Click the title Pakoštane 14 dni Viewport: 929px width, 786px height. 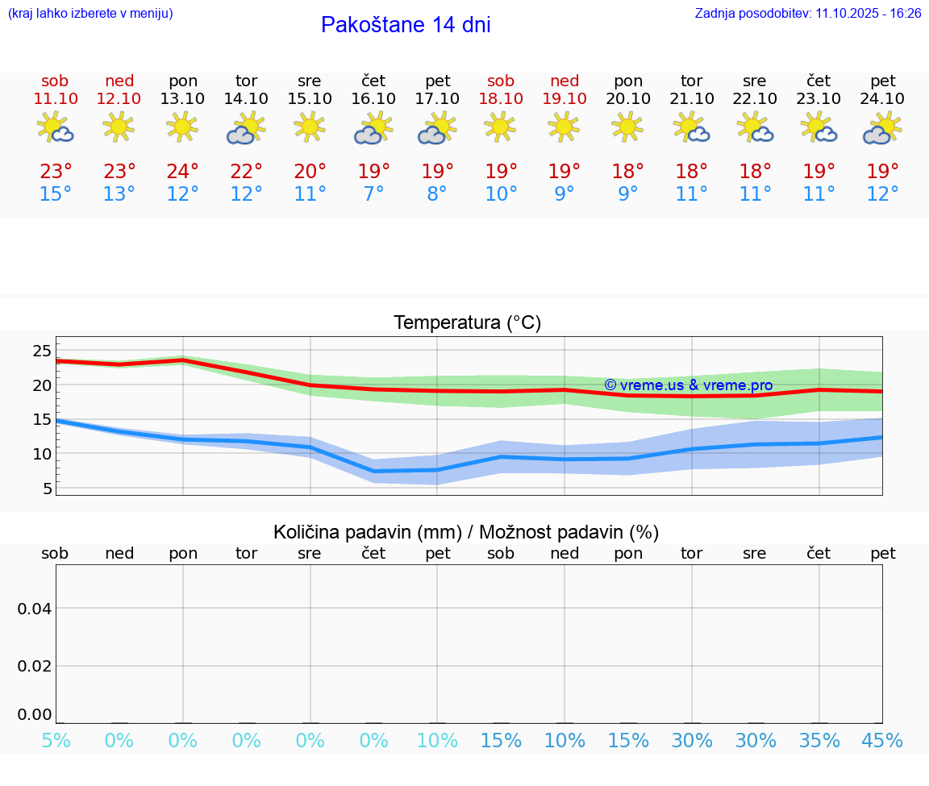click(x=406, y=25)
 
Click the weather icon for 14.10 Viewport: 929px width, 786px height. click(x=246, y=127)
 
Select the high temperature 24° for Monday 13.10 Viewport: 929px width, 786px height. click(x=183, y=172)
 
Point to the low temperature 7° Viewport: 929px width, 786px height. click(x=373, y=194)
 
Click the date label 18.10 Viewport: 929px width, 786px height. click(x=501, y=98)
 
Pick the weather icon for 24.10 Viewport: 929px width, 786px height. click(x=882, y=127)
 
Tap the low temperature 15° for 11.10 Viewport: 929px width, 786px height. click(x=56, y=194)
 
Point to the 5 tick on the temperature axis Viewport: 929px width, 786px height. click(x=47, y=489)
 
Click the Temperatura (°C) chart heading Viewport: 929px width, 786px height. click(x=467, y=323)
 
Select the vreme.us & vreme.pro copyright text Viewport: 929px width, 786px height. click(x=688, y=385)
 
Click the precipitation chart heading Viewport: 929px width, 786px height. click(x=466, y=532)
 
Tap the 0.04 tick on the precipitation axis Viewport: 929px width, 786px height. click(x=35, y=609)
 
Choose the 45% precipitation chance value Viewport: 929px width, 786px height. click(x=882, y=741)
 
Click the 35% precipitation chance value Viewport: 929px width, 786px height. click(x=819, y=741)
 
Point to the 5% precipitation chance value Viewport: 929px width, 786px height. click(x=56, y=741)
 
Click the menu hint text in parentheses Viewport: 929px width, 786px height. click(x=90, y=13)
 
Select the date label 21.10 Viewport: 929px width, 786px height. click(x=692, y=98)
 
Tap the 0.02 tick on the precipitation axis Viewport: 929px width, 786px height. click(x=35, y=666)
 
